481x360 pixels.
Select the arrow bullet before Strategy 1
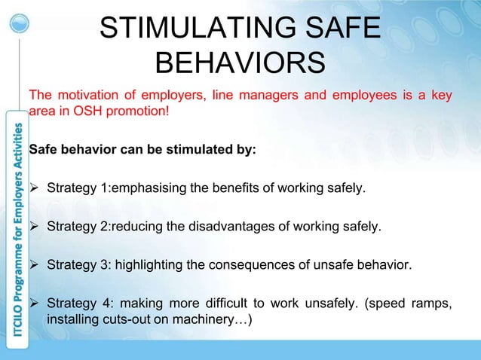point(34,187)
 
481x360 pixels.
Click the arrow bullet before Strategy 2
point(34,226)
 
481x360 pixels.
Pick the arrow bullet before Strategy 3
point(34,265)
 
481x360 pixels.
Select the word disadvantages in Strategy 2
point(195,226)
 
